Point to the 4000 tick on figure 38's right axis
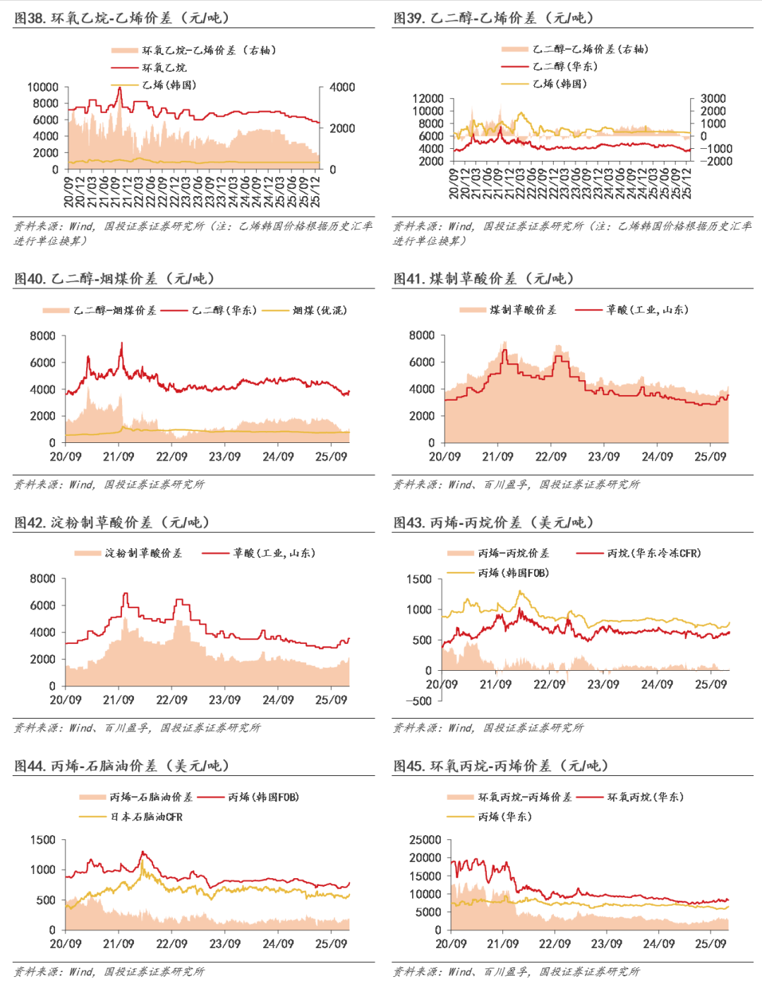click(x=342, y=87)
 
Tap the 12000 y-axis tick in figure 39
click(x=428, y=99)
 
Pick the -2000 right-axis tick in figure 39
click(x=715, y=162)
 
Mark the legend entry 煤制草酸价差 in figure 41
click(x=523, y=310)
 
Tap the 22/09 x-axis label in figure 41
click(x=550, y=457)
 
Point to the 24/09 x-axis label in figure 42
click(x=278, y=700)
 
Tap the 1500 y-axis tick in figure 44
click(x=42, y=840)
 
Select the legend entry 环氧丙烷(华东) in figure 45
click(x=645, y=797)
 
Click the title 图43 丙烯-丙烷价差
click(x=493, y=523)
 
